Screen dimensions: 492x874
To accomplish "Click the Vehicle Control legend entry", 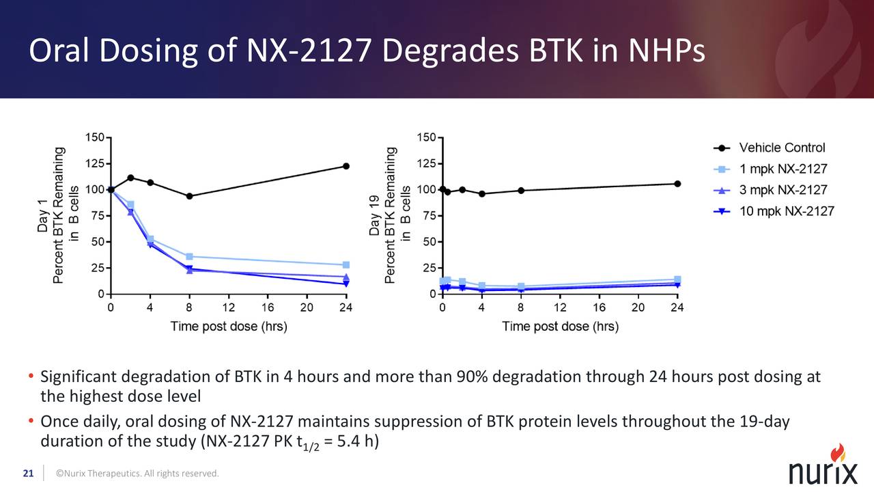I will click(782, 148).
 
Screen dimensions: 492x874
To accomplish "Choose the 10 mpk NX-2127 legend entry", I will click(787, 211).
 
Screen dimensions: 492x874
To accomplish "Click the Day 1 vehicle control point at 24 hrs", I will click(346, 166).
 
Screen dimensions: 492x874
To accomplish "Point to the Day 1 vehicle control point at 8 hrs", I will click(189, 196).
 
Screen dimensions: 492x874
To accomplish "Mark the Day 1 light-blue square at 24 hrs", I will click(346, 265).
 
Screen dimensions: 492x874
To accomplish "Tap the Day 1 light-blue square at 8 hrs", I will click(189, 257).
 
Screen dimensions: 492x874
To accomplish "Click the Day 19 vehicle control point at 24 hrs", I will click(677, 184).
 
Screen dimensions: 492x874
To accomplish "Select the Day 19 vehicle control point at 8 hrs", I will click(521, 191).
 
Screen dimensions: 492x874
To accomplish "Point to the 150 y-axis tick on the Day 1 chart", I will click(94, 137).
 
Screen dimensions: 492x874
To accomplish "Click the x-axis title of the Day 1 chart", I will click(229, 327).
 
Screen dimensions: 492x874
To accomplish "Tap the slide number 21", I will click(28, 473).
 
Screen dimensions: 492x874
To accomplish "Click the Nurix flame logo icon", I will click(838, 452).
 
